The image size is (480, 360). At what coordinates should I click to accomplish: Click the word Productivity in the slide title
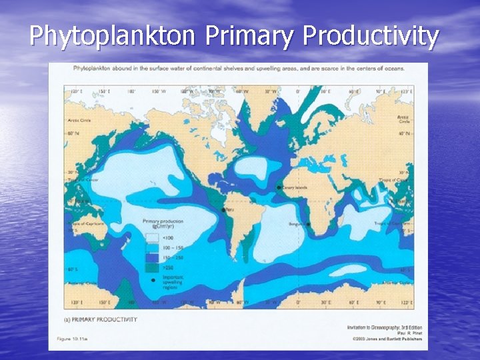371,36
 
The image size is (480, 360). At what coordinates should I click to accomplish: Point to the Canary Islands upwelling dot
278,189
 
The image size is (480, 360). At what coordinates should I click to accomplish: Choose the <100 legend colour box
153,237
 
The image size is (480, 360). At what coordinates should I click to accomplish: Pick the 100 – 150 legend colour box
153,247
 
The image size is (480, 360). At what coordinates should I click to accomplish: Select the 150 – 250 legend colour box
153,257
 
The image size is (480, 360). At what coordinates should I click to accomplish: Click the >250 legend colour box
153,267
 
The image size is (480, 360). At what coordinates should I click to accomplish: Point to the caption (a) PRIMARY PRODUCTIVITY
100,319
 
